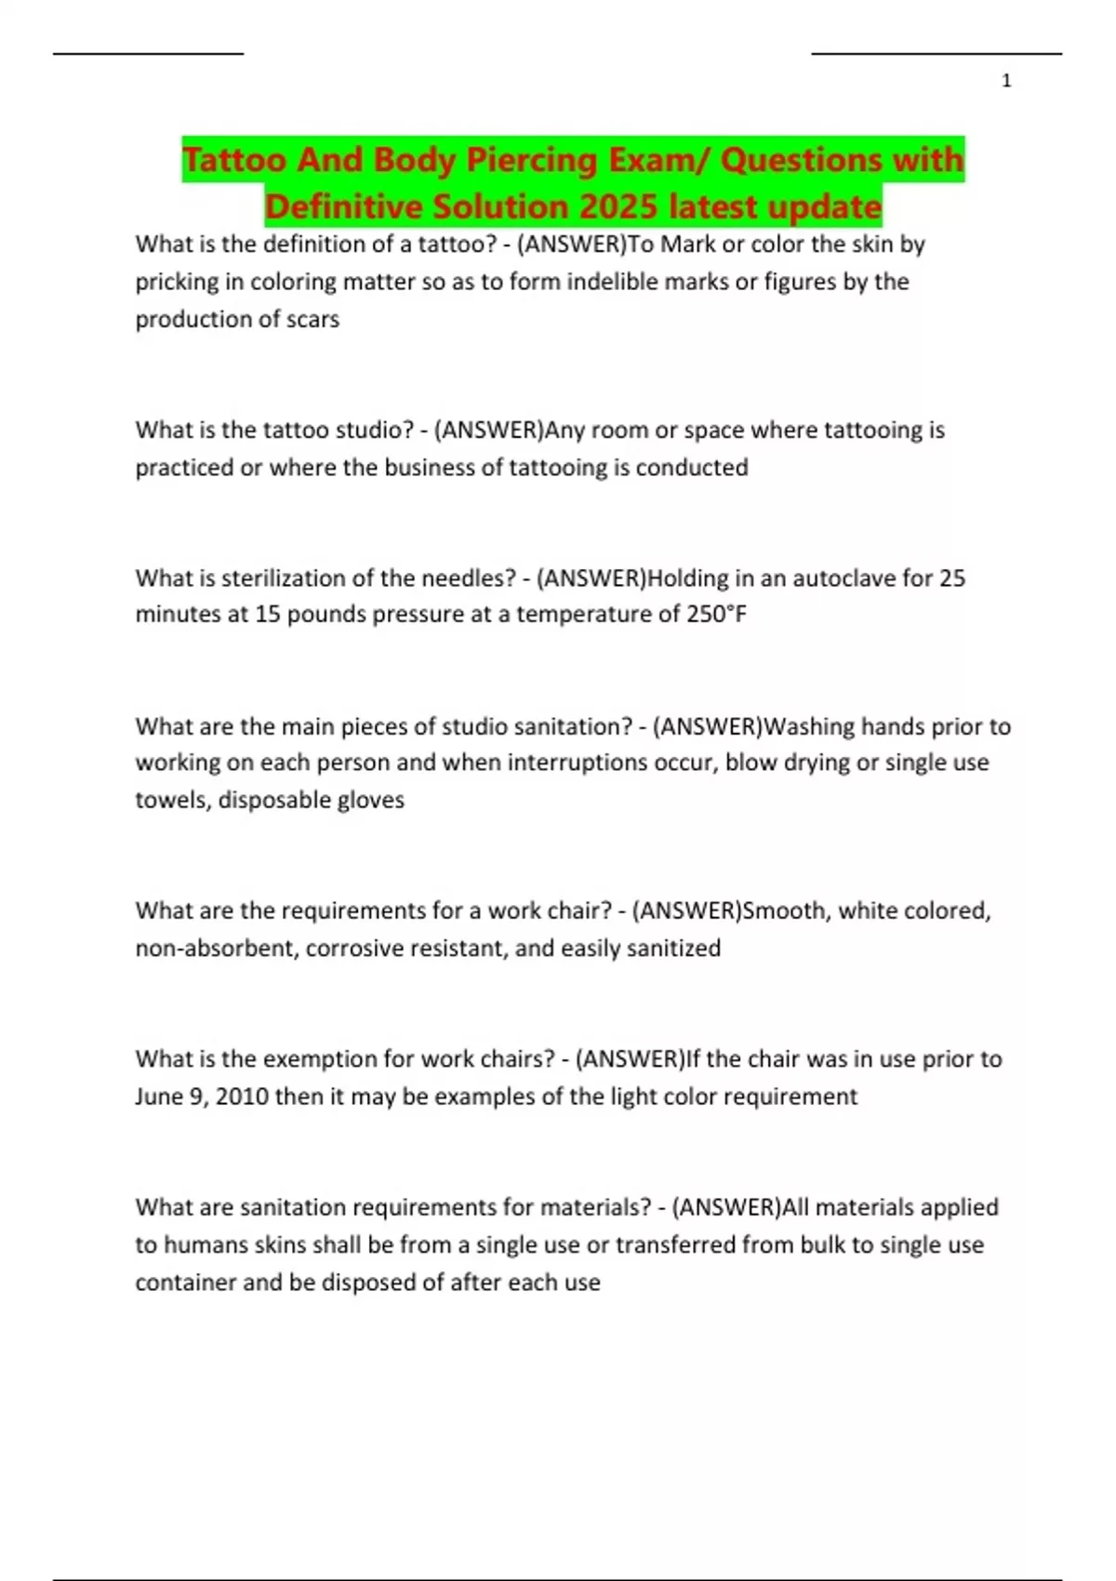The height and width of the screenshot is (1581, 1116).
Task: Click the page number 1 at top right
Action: [1006, 82]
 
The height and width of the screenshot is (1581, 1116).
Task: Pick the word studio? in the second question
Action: [372, 430]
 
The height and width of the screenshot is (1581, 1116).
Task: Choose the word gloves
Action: [370, 800]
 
